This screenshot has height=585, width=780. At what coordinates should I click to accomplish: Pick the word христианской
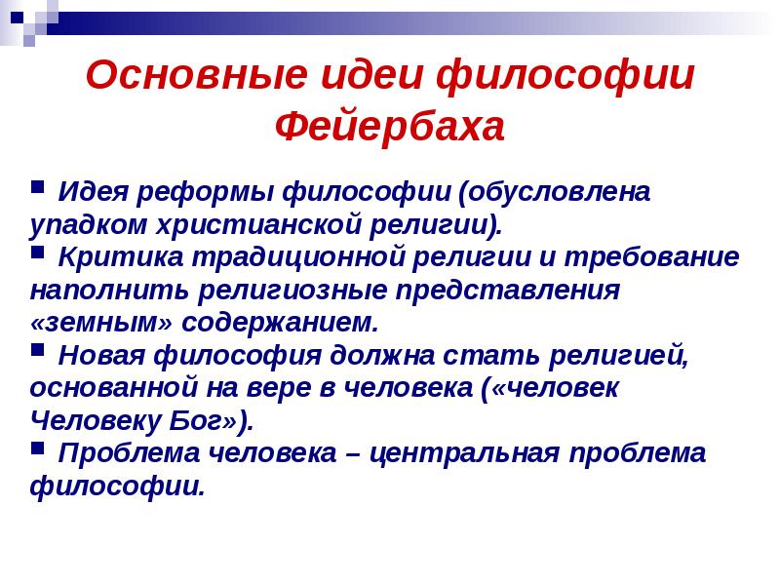(233, 224)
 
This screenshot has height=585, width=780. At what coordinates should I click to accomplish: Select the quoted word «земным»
(85, 323)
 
